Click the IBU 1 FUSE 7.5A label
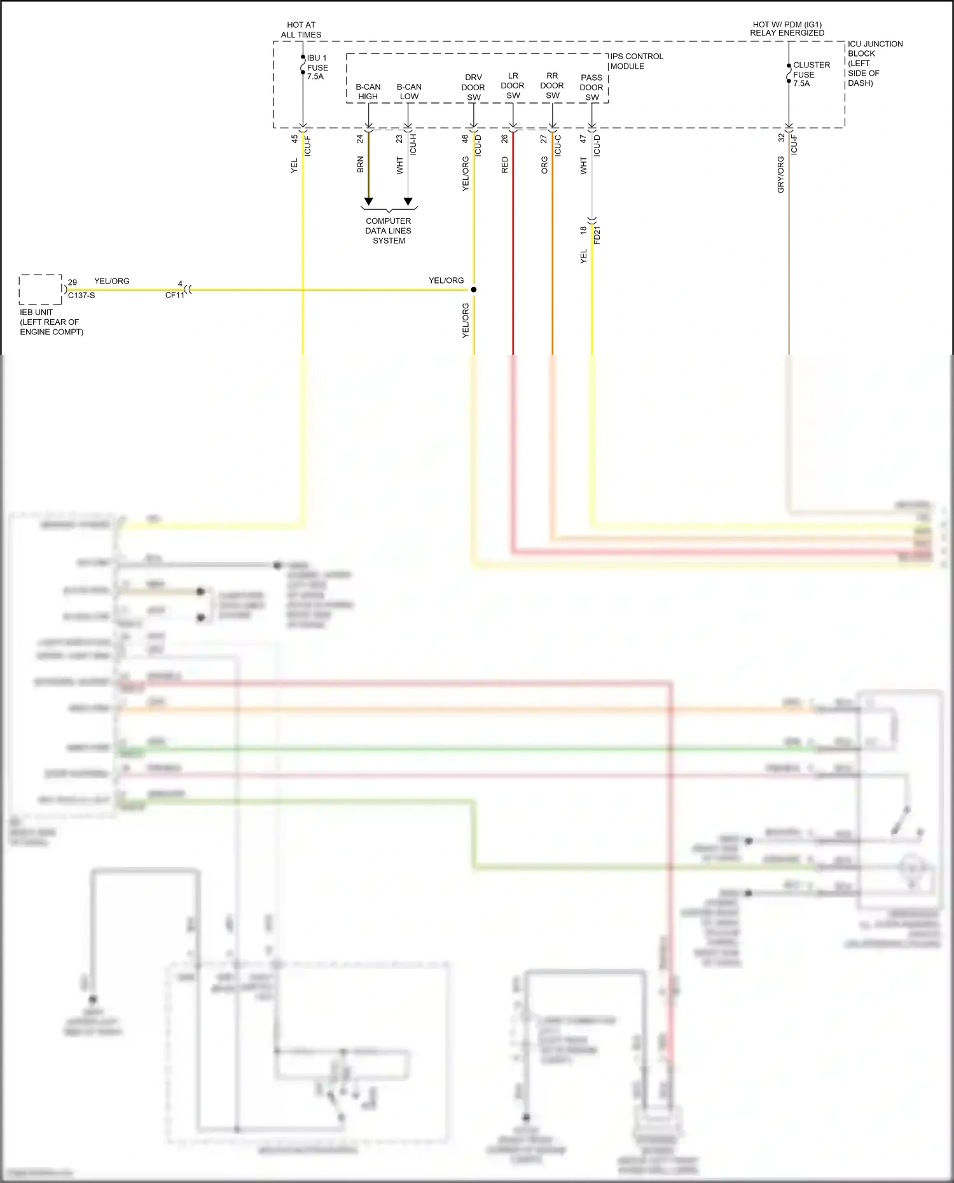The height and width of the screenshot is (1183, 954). (317, 67)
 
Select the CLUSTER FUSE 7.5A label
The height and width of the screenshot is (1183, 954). (810, 74)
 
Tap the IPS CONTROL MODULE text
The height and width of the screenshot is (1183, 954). (636, 61)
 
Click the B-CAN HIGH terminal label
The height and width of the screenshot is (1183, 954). (368, 92)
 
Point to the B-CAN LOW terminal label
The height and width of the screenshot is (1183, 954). (409, 92)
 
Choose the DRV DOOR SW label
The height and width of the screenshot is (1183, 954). (473, 88)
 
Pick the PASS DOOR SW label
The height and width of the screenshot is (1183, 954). (591, 88)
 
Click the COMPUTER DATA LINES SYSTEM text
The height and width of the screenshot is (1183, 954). (389, 231)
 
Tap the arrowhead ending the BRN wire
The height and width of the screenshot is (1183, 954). (368, 202)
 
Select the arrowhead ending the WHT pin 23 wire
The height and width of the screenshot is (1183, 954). (408, 202)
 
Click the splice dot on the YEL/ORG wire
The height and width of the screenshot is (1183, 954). (473, 290)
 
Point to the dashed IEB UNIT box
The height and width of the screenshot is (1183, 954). (41, 290)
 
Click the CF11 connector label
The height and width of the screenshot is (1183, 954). (174, 296)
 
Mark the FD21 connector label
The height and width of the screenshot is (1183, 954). (597, 235)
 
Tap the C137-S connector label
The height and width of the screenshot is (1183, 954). (81, 296)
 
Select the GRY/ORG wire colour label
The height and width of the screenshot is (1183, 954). (780, 175)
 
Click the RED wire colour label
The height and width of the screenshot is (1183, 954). (505, 165)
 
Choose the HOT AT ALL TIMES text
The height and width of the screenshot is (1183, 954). (301, 30)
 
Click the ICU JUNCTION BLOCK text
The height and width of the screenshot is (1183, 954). (874, 63)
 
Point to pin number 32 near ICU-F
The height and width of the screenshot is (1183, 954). (781, 138)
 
